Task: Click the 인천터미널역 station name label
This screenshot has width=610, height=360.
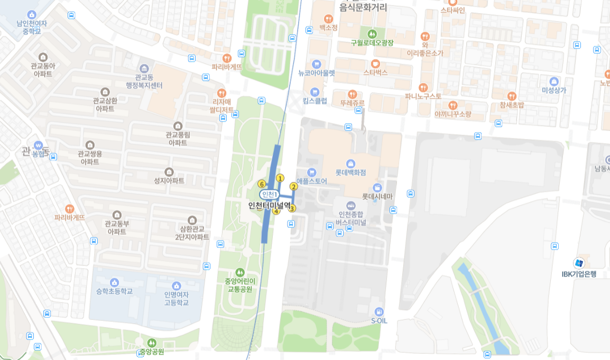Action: tap(270, 206)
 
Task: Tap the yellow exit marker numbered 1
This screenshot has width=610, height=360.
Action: tap(280, 178)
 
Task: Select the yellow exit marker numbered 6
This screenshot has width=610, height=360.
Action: tap(261, 184)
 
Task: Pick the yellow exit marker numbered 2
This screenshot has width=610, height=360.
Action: tap(294, 186)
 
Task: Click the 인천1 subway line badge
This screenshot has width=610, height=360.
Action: tap(269, 195)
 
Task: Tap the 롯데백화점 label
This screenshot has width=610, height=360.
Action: tap(350, 172)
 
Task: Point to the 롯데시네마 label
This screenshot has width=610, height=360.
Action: tap(377, 196)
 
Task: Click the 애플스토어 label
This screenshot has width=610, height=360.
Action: tap(311, 181)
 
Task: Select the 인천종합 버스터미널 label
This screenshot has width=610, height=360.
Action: tap(350, 218)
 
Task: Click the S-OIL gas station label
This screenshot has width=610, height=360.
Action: tap(379, 320)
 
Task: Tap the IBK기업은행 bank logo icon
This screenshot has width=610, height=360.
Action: tap(579, 263)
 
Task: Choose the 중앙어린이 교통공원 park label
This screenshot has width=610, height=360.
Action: tap(240, 285)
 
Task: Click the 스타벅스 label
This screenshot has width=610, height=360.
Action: tap(375, 72)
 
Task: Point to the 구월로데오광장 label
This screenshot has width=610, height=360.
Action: tap(372, 42)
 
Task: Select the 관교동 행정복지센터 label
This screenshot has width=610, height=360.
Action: tap(144, 81)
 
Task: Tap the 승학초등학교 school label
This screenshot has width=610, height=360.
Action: tap(114, 291)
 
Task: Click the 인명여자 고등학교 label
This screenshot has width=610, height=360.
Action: tap(176, 298)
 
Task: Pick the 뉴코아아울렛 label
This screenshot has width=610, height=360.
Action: tap(317, 73)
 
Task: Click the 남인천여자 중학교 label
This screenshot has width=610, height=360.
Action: tap(31, 27)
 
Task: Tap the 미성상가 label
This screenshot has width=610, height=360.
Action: tap(553, 90)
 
